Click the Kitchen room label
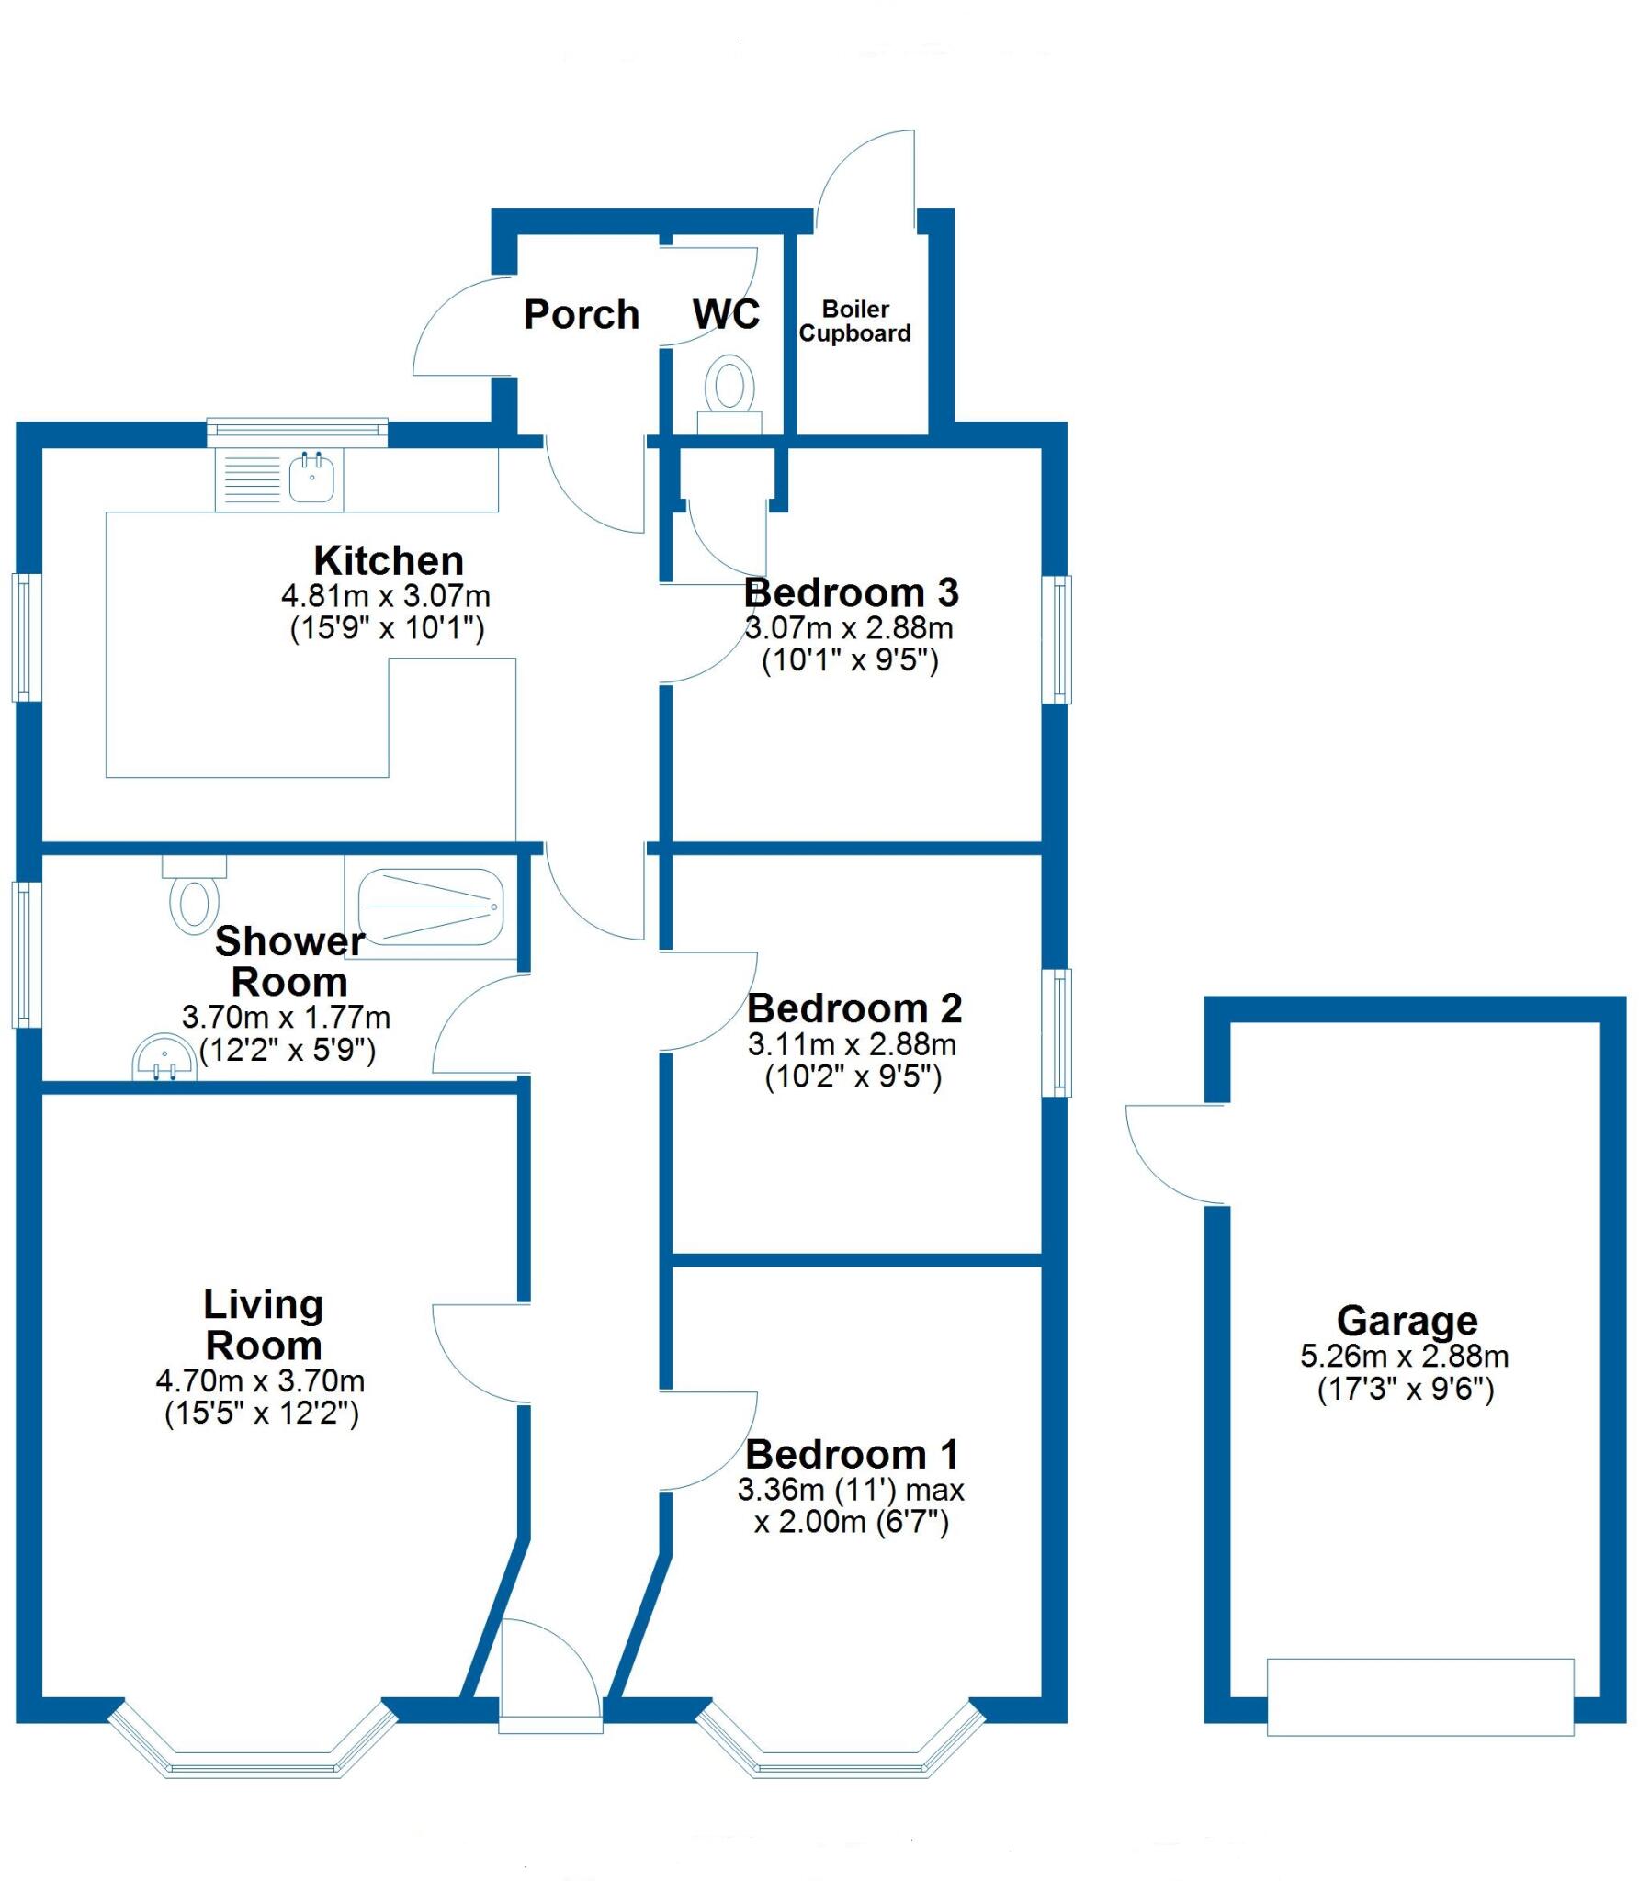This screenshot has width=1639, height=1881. [388, 560]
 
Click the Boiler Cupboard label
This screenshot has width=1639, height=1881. [854, 321]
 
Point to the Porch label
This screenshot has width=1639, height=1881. [581, 315]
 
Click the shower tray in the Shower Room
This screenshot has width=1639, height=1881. [430, 907]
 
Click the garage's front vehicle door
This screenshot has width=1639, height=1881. [1419, 1697]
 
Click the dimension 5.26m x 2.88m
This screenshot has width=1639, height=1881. [1404, 1357]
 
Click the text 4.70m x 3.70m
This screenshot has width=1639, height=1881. [260, 1380]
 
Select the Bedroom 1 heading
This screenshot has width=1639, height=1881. [852, 1454]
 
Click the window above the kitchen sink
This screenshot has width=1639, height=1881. [297, 431]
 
